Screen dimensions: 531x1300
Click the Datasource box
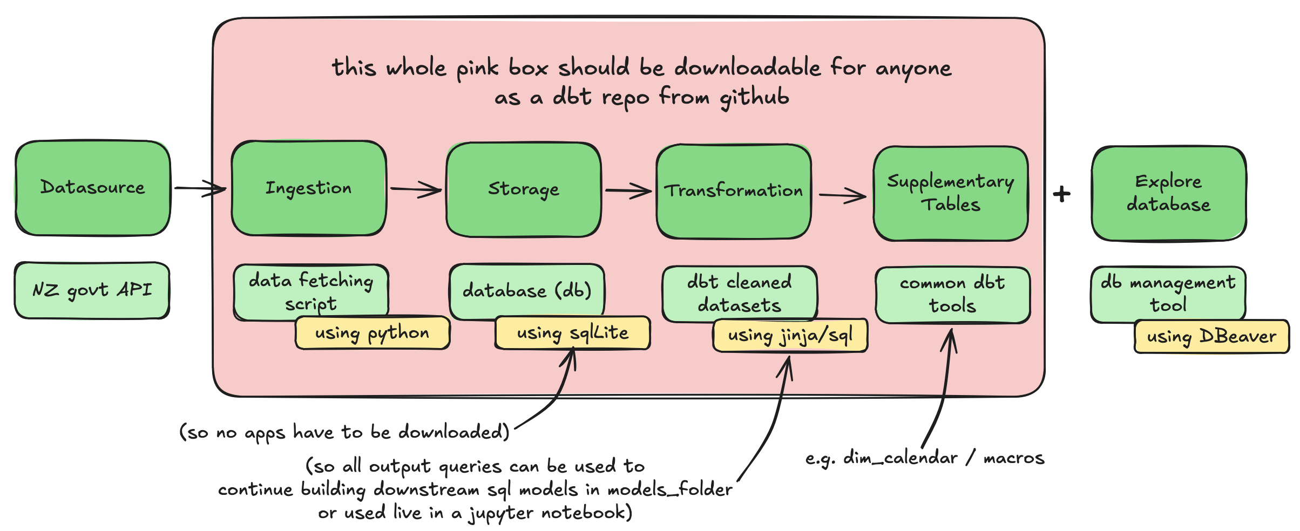click(x=93, y=188)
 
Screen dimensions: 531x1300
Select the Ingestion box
click(x=309, y=188)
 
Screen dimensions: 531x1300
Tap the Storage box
click(x=524, y=189)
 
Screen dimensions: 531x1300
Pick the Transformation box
click(x=734, y=191)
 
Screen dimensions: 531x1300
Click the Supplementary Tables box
click(x=951, y=193)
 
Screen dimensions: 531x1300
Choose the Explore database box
click(x=1169, y=193)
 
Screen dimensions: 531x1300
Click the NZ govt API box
click(x=92, y=290)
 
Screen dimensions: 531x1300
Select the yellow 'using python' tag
click(x=373, y=333)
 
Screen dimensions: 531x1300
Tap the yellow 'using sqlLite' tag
click(x=572, y=333)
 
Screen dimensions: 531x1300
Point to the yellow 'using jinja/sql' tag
click(x=790, y=336)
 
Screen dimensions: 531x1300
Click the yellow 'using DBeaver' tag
click(x=1211, y=337)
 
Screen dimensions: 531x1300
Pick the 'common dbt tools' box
click(x=952, y=295)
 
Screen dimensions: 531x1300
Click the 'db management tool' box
click(x=1168, y=294)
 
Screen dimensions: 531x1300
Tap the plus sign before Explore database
click(x=1061, y=194)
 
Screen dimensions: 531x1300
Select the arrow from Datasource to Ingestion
click(x=200, y=188)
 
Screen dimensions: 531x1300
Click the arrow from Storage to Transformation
click(x=628, y=190)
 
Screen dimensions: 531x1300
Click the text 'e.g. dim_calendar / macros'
click(x=924, y=458)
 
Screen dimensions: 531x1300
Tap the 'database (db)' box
click(x=526, y=291)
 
